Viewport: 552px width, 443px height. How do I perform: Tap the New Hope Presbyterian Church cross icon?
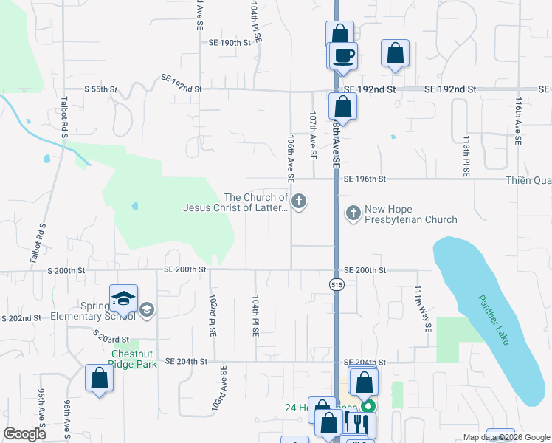353,213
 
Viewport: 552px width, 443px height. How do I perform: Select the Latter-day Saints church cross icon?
299,202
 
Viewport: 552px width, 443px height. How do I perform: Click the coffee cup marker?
342,55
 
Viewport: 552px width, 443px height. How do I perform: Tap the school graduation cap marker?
123,298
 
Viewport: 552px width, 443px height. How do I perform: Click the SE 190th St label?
230,44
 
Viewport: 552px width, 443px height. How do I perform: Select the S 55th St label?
101,89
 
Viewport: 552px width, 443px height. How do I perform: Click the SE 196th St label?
365,179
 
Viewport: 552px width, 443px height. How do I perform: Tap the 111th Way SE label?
421,308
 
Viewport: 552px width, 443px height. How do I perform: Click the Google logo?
24,435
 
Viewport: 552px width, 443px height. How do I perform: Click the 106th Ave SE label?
291,158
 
